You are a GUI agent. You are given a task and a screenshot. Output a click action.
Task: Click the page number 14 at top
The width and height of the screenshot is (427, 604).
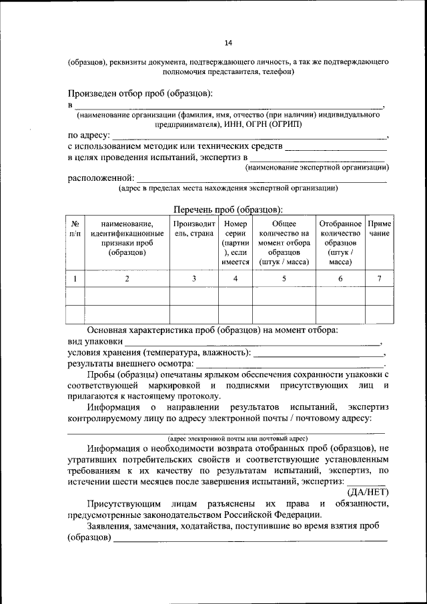228,43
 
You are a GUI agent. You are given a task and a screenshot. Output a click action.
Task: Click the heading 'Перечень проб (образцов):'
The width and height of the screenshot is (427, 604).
229,209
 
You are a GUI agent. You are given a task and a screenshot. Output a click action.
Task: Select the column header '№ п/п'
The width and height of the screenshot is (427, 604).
76,229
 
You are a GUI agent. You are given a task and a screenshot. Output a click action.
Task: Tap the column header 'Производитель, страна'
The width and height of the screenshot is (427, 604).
193,229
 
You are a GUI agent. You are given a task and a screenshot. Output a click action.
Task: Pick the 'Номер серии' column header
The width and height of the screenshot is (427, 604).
236,243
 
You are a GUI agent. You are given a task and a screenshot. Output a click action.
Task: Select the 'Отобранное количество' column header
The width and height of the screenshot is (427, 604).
340,243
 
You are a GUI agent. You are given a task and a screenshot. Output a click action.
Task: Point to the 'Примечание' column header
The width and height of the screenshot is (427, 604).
379,229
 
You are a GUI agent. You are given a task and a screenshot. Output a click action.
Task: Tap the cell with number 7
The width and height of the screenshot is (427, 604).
379,279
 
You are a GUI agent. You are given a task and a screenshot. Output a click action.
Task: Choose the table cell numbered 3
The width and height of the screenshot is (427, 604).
193,279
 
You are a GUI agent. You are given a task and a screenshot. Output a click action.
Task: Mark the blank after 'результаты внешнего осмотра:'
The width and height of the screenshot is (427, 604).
290,364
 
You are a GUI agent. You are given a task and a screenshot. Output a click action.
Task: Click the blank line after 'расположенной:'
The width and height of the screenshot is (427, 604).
261,180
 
